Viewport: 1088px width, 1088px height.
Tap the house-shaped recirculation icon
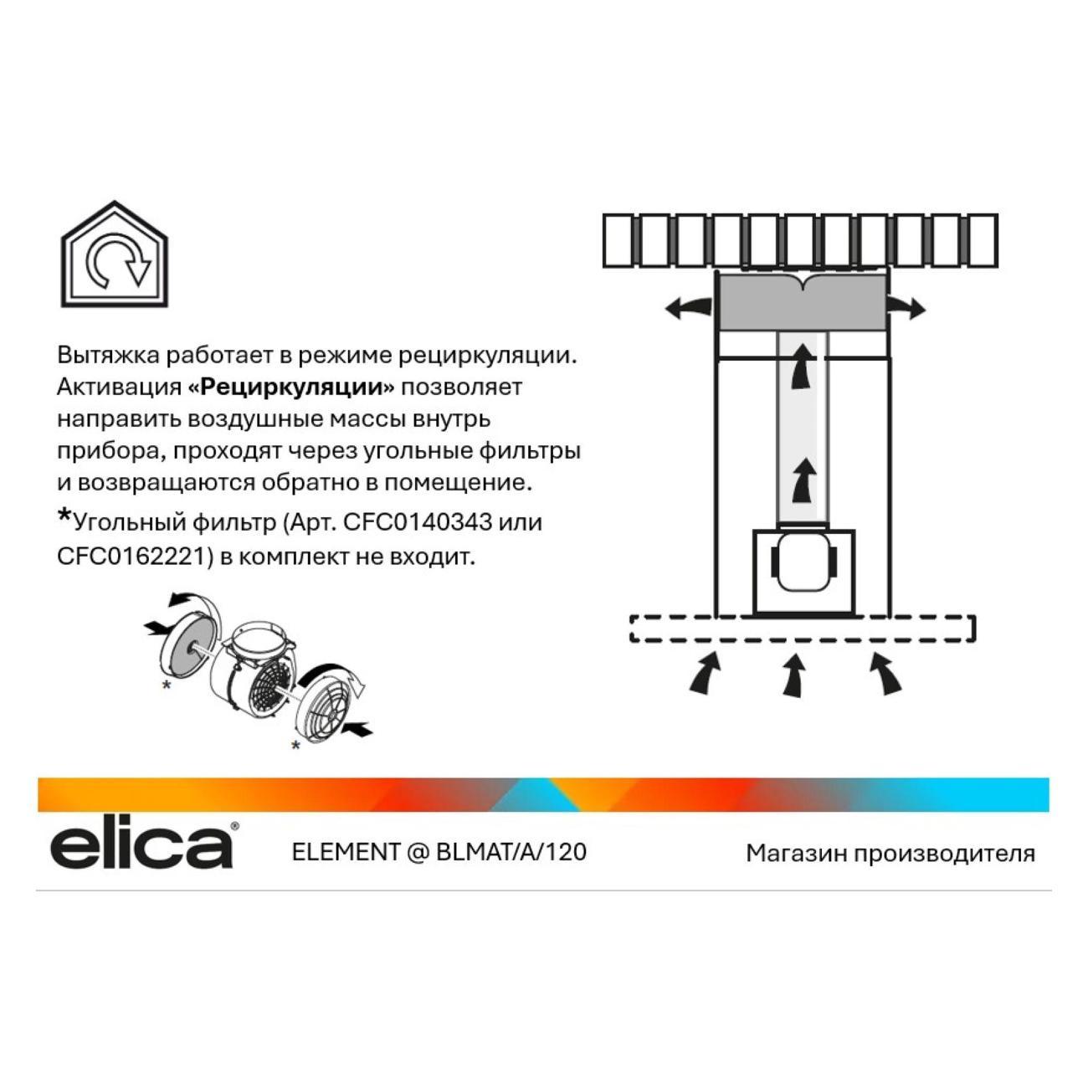coord(115,254)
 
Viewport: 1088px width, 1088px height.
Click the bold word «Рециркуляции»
coord(290,387)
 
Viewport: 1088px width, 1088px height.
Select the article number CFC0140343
coord(418,521)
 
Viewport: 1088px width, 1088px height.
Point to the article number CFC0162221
coord(136,557)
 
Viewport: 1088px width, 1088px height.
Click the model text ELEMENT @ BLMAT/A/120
coord(439,852)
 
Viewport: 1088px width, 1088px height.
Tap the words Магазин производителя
coord(890,853)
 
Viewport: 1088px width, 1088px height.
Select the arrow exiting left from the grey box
coord(688,308)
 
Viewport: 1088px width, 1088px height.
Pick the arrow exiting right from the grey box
coord(905,308)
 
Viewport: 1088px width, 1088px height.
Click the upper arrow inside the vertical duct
coord(802,367)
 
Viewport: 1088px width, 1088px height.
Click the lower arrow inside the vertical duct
coord(802,480)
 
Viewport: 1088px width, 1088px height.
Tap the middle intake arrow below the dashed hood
coord(793,676)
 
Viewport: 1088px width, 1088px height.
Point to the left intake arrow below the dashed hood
coord(706,673)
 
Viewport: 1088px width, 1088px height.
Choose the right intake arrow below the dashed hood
coord(885,673)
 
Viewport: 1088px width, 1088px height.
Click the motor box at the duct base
coord(803,572)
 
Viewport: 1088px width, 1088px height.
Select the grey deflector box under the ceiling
coord(801,303)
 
